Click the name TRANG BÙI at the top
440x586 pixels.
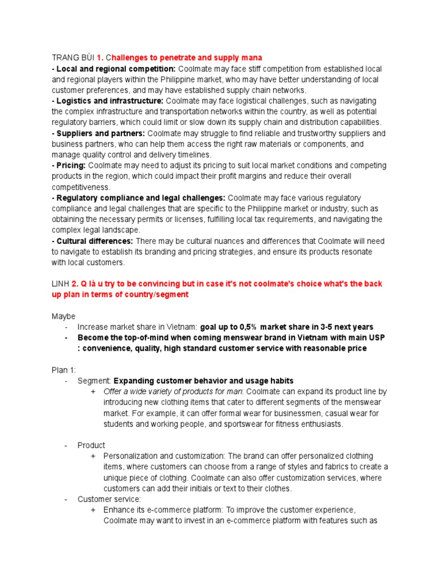tap(73, 58)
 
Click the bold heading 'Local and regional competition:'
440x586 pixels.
tap(115, 69)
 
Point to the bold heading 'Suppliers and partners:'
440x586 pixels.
tap(100, 133)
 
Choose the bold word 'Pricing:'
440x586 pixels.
tap(70, 165)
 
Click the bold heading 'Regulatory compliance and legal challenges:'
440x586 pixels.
tap(140, 197)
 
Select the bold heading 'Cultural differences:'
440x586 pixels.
tap(94, 241)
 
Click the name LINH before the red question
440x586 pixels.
tap(60, 284)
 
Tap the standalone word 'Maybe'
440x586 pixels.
tap(64, 316)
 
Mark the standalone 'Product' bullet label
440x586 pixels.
tap(92, 445)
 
